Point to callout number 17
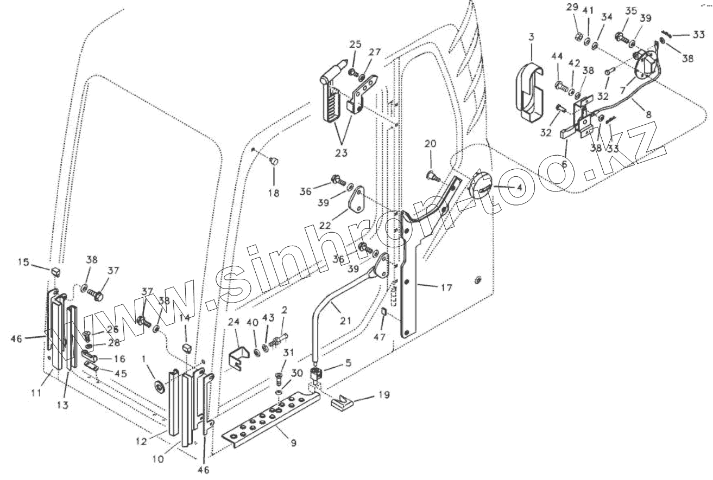(446, 287)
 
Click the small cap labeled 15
(55, 270)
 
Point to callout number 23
(340, 153)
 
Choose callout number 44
(557, 56)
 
